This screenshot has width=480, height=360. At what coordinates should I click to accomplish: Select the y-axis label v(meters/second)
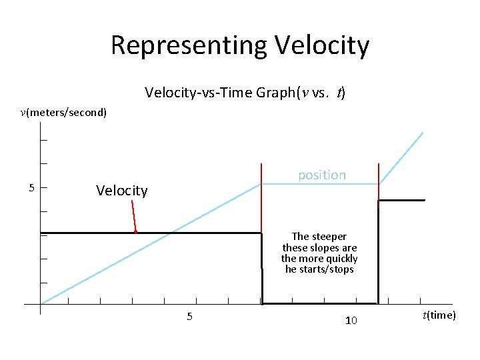pos(63,112)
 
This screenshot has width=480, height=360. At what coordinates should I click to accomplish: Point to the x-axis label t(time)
pos(438,315)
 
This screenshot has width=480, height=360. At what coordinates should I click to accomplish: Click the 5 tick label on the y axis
pos(31,187)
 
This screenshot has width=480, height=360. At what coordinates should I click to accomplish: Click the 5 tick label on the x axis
pos(189,317)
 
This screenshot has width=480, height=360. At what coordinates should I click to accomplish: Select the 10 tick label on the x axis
pos(351,321)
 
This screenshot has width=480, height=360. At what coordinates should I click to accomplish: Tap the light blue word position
pos(321,175)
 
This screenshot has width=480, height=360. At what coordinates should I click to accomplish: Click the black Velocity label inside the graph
pos(121,191)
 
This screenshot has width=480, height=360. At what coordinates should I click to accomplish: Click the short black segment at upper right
pos(401,200)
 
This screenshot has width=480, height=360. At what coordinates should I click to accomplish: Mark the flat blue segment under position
pos(320,184)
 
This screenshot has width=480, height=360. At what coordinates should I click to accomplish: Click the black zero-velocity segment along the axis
pos(320,303)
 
